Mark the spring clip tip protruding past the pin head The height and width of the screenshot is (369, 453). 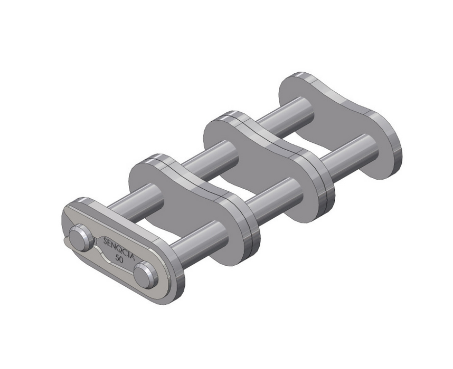pyautogui.click(x=66, y=240)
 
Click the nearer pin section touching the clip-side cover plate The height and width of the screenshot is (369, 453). pyautogui.click(x=195, y=240)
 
